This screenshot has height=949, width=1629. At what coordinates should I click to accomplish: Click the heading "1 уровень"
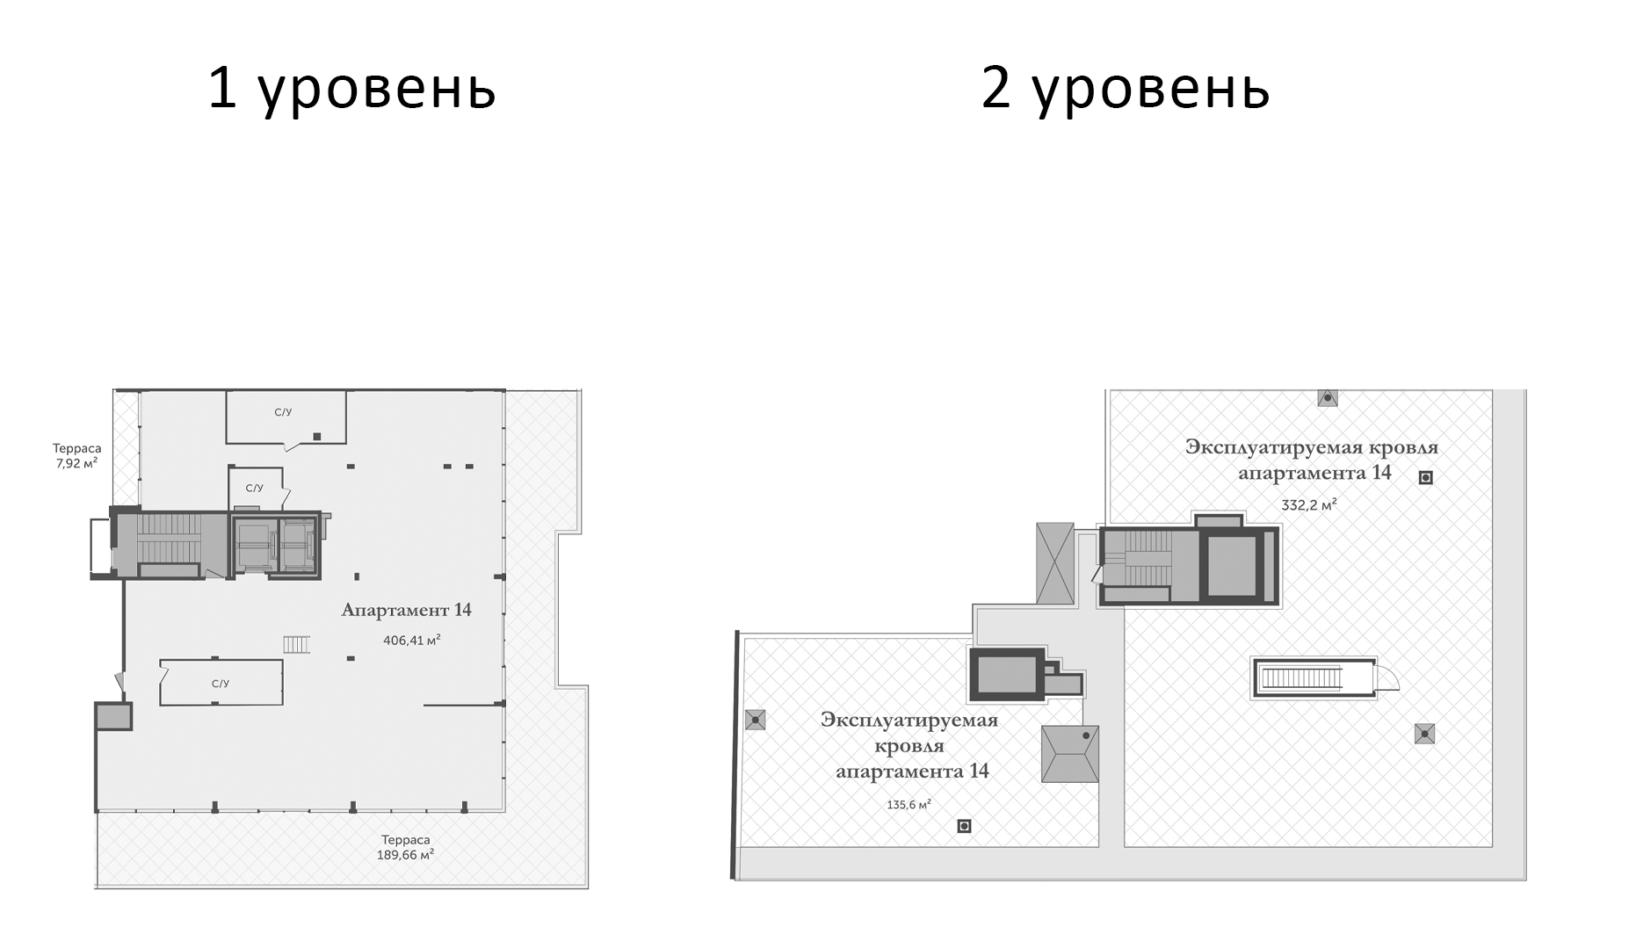click(351, 89)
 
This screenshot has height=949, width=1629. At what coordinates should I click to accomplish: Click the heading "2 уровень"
click(1126, 89)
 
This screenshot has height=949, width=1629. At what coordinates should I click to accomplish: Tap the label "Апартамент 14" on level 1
click(406, 610)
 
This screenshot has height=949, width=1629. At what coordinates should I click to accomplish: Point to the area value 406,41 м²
click(411, 641)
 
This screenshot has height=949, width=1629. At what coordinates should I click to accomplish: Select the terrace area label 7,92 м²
click(76, 463)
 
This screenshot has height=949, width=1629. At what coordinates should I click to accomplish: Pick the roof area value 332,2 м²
click(1308, 505)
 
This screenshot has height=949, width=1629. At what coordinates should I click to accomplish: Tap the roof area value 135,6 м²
click(909, 805)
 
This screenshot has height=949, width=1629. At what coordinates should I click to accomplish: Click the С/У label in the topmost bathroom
click(283, 412)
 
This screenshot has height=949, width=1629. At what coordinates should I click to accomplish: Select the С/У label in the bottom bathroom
click(221, 683)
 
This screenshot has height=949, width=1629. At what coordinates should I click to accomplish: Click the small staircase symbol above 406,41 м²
click(297, 645)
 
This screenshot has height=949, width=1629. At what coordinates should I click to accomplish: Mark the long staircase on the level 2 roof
click(1301, 677)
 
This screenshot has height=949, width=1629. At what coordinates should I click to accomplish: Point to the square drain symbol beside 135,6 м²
click(964, 826)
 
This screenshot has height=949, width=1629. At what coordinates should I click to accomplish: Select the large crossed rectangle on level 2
click(1055, 563)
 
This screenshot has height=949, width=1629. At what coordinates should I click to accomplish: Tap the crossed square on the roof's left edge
click(755, 720)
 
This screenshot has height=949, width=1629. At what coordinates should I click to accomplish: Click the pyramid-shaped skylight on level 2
click(1070, 753)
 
